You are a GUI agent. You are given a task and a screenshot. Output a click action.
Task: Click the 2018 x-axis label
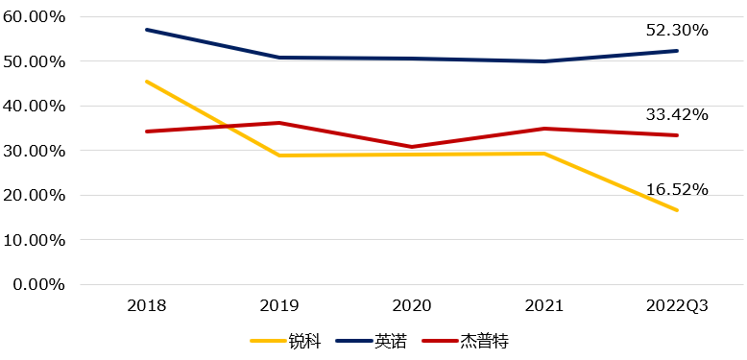(x=146, y=306)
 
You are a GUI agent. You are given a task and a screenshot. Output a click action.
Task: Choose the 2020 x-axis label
(x=412, y=306)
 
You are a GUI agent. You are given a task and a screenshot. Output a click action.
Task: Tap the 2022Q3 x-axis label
(x=677, y=306)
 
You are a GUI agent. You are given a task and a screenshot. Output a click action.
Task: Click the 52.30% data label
(x=677, y=31)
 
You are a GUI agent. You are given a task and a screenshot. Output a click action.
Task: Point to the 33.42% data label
(x=677, y=115)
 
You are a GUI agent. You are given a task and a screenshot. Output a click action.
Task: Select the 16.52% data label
(x=677, y=190)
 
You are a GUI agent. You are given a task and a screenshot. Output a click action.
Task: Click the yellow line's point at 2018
(x=146, y=82)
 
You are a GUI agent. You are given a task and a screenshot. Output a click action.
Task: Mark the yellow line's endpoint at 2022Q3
(x=678, y=210)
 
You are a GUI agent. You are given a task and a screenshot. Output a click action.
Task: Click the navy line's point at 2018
(x=146, y=30)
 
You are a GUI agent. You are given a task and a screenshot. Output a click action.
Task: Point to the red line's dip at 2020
(x=412, y=147)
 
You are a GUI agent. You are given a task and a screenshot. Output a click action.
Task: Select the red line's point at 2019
(x=279, y=123)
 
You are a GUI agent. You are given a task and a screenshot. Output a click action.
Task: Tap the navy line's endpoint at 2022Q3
(x=678, y=51)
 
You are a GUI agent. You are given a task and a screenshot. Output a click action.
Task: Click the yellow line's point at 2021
(x=544, y=154)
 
